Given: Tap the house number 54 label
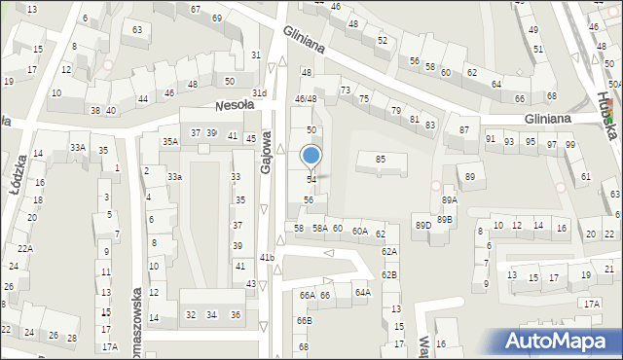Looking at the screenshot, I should coord(311,180).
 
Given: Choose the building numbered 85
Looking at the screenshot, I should coord(381,159).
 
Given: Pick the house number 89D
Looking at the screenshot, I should coord(423,225).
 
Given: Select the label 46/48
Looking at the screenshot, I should coord(306,98).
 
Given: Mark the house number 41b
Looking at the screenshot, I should coord(267,257).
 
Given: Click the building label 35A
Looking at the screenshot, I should coord(170,141).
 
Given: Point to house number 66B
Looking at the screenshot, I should coord(305,320).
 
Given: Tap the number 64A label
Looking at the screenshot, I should coord(362,292).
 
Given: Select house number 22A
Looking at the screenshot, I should coord(25,248).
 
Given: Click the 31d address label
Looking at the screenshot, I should coord(259,93).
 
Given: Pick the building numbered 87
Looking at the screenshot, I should coord(464,130).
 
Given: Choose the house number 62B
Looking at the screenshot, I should coord(389,274).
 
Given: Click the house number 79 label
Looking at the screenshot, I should coord(395,110).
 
